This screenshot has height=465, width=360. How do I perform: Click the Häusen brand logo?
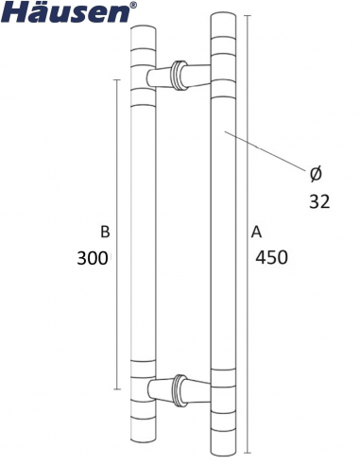tap(65, 11)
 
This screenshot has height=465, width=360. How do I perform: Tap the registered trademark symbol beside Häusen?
tap(133, 5)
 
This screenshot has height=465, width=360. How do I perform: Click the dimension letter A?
tap(256, 232)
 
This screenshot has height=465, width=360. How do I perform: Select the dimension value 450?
tap(271, 257)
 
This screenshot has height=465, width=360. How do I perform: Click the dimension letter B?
tap(105, 232)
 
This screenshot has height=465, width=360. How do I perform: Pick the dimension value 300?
tap(94, 258)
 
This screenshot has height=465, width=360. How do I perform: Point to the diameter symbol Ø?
tap(316, 174)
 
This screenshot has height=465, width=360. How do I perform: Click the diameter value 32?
tap(319, 202)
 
